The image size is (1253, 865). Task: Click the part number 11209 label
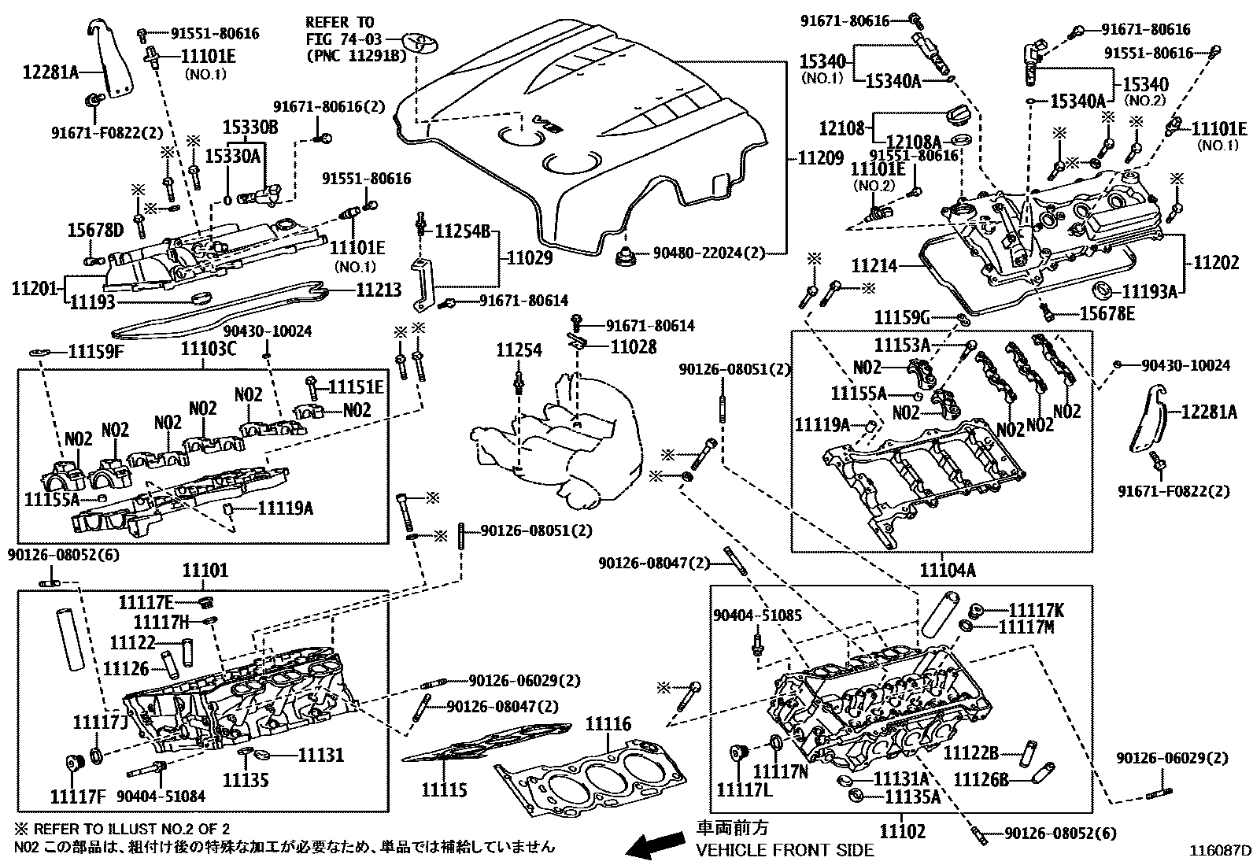[821, 158]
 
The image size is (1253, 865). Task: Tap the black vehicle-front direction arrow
[655, 844]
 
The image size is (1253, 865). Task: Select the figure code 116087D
[1220, 851]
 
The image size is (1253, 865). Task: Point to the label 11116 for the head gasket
[608, 725]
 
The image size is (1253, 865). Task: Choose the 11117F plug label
[78, 797]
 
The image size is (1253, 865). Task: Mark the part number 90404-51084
[161, 796]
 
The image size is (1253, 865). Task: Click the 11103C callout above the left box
[208, 349]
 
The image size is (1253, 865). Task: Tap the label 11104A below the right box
[948, 570]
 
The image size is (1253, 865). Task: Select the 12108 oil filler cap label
[842, 128]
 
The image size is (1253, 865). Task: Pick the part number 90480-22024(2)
[708, 253]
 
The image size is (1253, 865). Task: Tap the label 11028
[634, 347]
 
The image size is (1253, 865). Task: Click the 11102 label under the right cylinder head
[903, 831]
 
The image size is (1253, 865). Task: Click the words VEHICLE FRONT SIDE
[785, 850]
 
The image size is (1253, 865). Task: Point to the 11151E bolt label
[356, 386]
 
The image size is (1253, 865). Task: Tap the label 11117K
[1036, 611]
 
